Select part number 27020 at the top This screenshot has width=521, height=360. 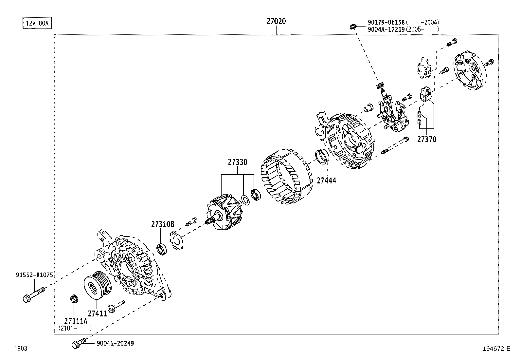(276, 22)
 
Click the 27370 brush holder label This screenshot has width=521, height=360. (426, 140)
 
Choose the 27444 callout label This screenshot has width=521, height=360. (326, 180)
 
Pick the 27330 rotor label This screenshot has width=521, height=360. (238, 162)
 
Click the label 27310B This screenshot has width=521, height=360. (163, 224)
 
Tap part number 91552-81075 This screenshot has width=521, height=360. (34, 275)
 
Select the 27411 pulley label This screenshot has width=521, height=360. (97, 313)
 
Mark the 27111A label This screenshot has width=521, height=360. (76, 321)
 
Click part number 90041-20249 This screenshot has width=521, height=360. (115, 343)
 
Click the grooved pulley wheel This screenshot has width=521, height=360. (97, 285)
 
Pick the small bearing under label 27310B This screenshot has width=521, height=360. (161, 249)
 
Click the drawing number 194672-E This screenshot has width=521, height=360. (496, 349)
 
